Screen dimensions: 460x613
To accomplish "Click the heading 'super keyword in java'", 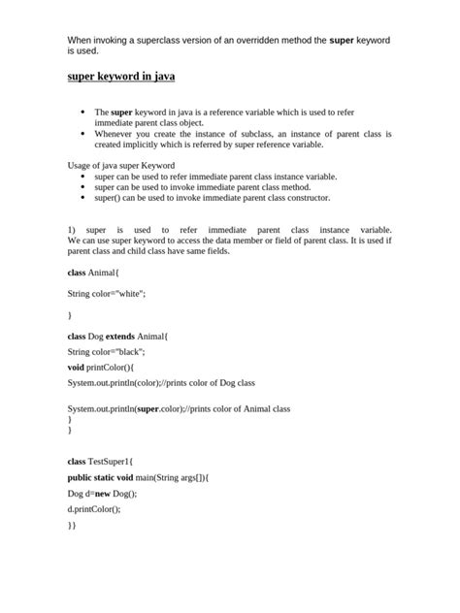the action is point(121,75).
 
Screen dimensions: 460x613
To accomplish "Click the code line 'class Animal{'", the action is point(92,274).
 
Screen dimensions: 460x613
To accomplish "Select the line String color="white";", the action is point(107,293).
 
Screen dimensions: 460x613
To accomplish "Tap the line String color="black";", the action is point(106,351).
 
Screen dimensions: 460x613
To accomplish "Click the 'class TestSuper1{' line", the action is point(100,461).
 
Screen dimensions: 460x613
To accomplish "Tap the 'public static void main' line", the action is point(138,477).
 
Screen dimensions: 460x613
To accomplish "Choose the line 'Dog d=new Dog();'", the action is point(102,494).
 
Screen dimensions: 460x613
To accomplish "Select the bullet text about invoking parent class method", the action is point(202,186).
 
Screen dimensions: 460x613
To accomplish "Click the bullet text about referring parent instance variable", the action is point(215,177).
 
